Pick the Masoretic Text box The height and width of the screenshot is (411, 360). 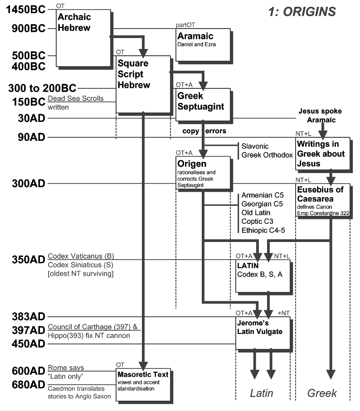click(x=143, y=385)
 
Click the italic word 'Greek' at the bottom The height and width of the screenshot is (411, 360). click(x=322, y=393)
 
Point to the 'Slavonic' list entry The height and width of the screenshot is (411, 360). click(x=255, y=146)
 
